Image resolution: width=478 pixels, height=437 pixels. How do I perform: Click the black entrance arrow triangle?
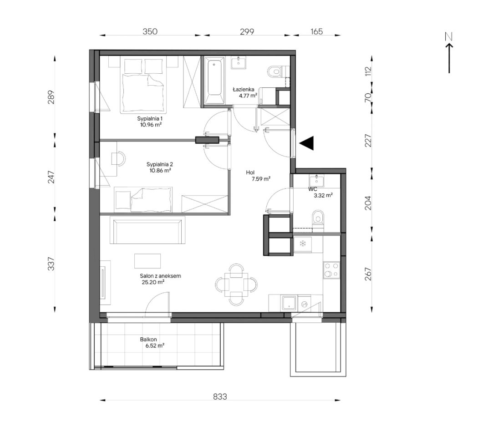click(307, 143)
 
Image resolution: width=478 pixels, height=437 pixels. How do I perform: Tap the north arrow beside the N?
click(449, 58)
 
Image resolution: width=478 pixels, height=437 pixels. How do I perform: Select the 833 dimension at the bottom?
click(220, 396)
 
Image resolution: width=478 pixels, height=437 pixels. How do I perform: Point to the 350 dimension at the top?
click(150, 31)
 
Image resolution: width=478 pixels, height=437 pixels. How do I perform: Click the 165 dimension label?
click(316, 31)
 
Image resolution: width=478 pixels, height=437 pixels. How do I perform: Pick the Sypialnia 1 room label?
click(150, 118)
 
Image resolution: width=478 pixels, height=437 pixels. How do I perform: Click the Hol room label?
click(250, 173)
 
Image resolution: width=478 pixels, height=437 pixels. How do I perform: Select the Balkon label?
click(148, 339)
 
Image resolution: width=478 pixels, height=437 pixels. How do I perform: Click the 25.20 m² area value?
click(153, 282)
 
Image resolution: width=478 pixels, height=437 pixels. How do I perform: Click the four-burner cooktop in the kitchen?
click(331, 269)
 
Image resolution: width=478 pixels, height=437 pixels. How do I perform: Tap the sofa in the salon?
click(149, 230)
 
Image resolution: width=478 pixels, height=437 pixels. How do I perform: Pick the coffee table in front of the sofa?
click(147, 261)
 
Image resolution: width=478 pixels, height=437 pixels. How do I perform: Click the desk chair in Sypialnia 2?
click(118, 158)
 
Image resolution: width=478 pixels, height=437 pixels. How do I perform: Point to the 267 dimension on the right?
click(368, 274)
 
